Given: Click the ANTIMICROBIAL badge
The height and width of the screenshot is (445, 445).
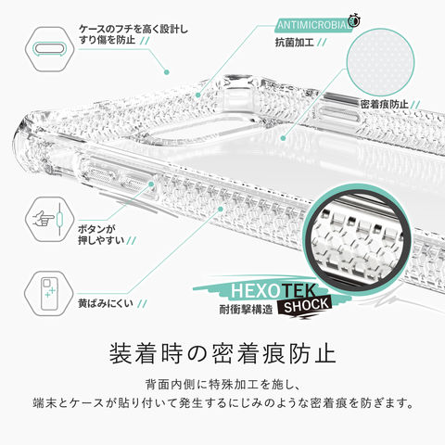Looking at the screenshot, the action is [313, 25].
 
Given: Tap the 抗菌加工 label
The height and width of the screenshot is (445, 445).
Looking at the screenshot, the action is [295, 43].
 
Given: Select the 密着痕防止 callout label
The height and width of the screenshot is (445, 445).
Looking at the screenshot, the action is [385, 105].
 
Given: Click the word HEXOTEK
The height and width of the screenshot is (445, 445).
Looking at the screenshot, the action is [273, 291].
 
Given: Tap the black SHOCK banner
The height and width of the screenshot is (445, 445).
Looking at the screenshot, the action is [305, 306].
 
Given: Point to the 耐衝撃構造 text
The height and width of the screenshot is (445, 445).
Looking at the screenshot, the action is [246, 310].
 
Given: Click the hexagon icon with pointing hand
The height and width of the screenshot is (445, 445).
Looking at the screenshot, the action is [49, 220].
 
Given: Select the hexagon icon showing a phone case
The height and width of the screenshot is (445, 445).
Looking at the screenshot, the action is [49, 294].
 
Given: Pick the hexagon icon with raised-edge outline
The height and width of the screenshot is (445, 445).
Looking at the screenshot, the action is [49, 49].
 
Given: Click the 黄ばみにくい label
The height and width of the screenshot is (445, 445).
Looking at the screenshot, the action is [106, 303].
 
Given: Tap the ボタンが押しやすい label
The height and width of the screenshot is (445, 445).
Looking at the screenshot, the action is [101, 235].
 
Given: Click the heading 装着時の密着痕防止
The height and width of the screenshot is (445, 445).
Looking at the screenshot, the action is [222, 353].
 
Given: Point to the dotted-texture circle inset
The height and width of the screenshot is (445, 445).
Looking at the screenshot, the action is [380, 62].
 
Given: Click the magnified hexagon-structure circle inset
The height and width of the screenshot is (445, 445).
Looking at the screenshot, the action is [356, 237].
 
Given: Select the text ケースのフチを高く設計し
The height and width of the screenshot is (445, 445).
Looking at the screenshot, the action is [133, 30].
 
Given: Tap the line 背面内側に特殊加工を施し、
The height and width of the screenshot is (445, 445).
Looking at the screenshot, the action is [222, 385].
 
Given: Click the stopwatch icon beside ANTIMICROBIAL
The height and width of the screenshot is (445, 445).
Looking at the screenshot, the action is [354, 20].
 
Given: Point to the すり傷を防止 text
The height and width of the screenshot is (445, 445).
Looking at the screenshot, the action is [108, 40].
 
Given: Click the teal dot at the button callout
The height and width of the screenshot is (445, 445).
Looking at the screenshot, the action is [151, 184].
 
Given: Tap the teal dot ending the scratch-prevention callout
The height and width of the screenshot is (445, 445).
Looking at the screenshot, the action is [167, 72].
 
